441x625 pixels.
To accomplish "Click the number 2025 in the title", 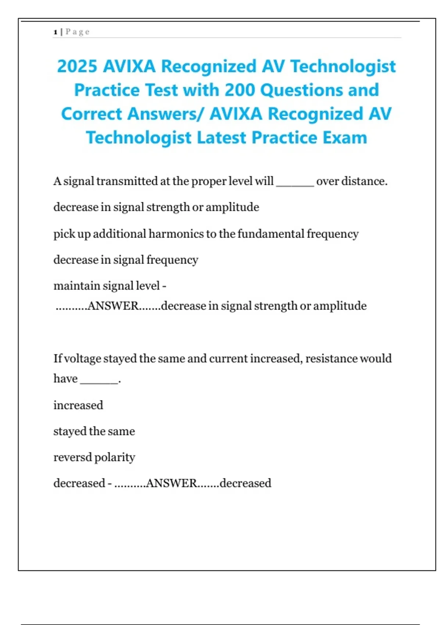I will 77,67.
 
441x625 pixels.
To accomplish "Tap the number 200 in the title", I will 240,90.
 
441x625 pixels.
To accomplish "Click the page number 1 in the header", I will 55,32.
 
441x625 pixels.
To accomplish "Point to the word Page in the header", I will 78,32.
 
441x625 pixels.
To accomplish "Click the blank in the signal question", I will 295,182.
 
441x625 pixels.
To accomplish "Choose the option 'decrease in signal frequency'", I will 126,260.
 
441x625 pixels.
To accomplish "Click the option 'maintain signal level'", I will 107,286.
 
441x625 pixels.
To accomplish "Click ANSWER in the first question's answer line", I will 113,306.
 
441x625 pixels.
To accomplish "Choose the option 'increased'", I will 78,405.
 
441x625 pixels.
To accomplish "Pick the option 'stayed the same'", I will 94,431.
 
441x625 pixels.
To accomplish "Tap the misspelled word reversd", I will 72,457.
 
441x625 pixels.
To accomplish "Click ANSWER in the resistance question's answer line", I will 172,483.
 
